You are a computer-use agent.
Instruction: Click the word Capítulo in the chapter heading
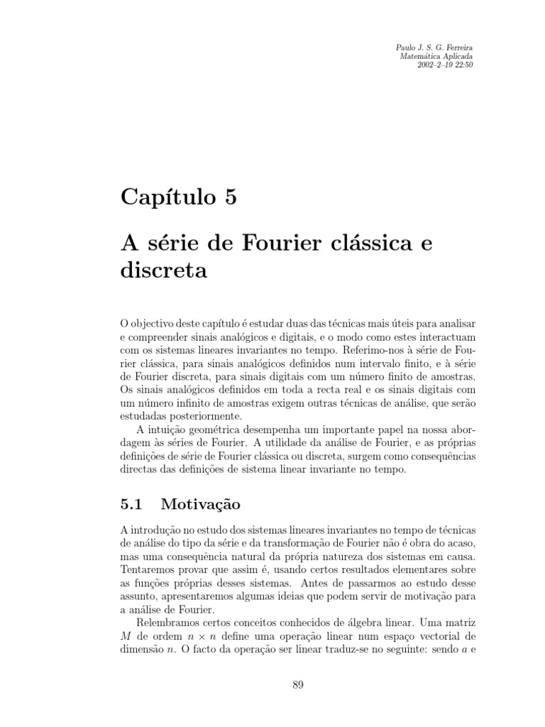pos(163,197)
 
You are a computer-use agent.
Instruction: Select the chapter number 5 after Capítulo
pos(229,197)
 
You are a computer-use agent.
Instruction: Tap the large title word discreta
pos(164,271)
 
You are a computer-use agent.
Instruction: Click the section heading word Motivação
pos(201,505)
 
